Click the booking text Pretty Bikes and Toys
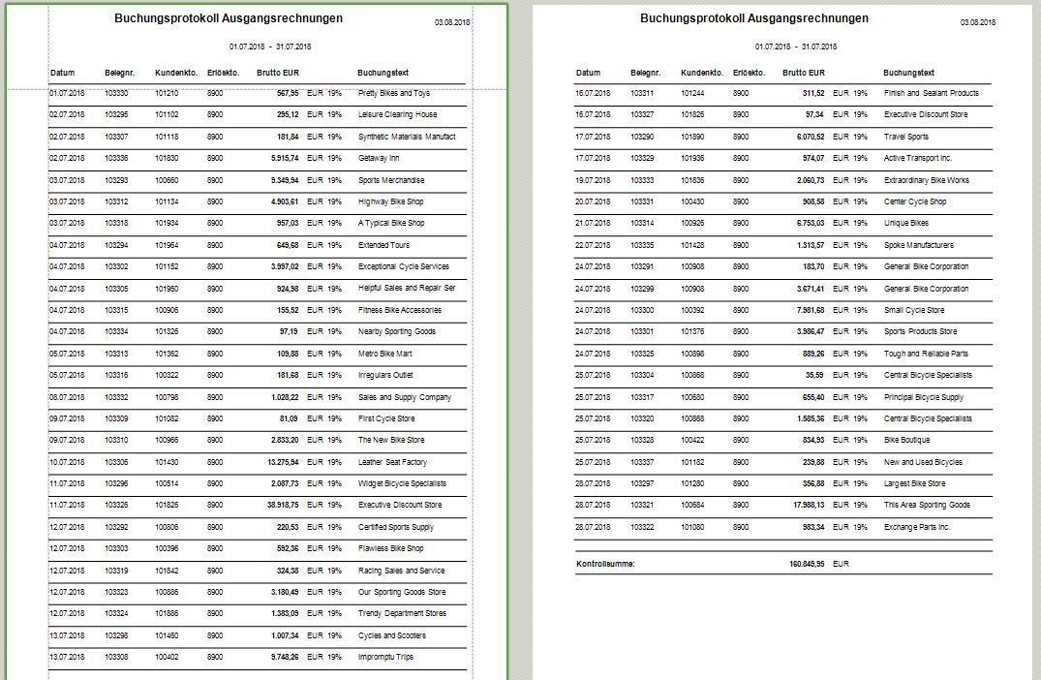tap(393, 94)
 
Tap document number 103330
tap(116, 94)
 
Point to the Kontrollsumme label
tap(605, 564)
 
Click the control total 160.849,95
tap(807, 564)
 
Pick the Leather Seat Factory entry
tap(391, 462)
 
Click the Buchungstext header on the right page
tap(908, 73)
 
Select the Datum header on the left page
tap(62, 73)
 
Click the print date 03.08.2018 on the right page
tap(979, 21)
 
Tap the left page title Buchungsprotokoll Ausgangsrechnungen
tap(228, 18)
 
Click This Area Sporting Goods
tap(927, 506)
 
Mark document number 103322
tap(642, 527)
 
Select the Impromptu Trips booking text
tap(385, 658)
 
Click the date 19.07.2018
tap(594, 180)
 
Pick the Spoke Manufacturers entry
tap(918, 245)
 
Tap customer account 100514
tap(167, 483)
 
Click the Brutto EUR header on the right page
tap(804, 73)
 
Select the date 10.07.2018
tap(68, 462)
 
